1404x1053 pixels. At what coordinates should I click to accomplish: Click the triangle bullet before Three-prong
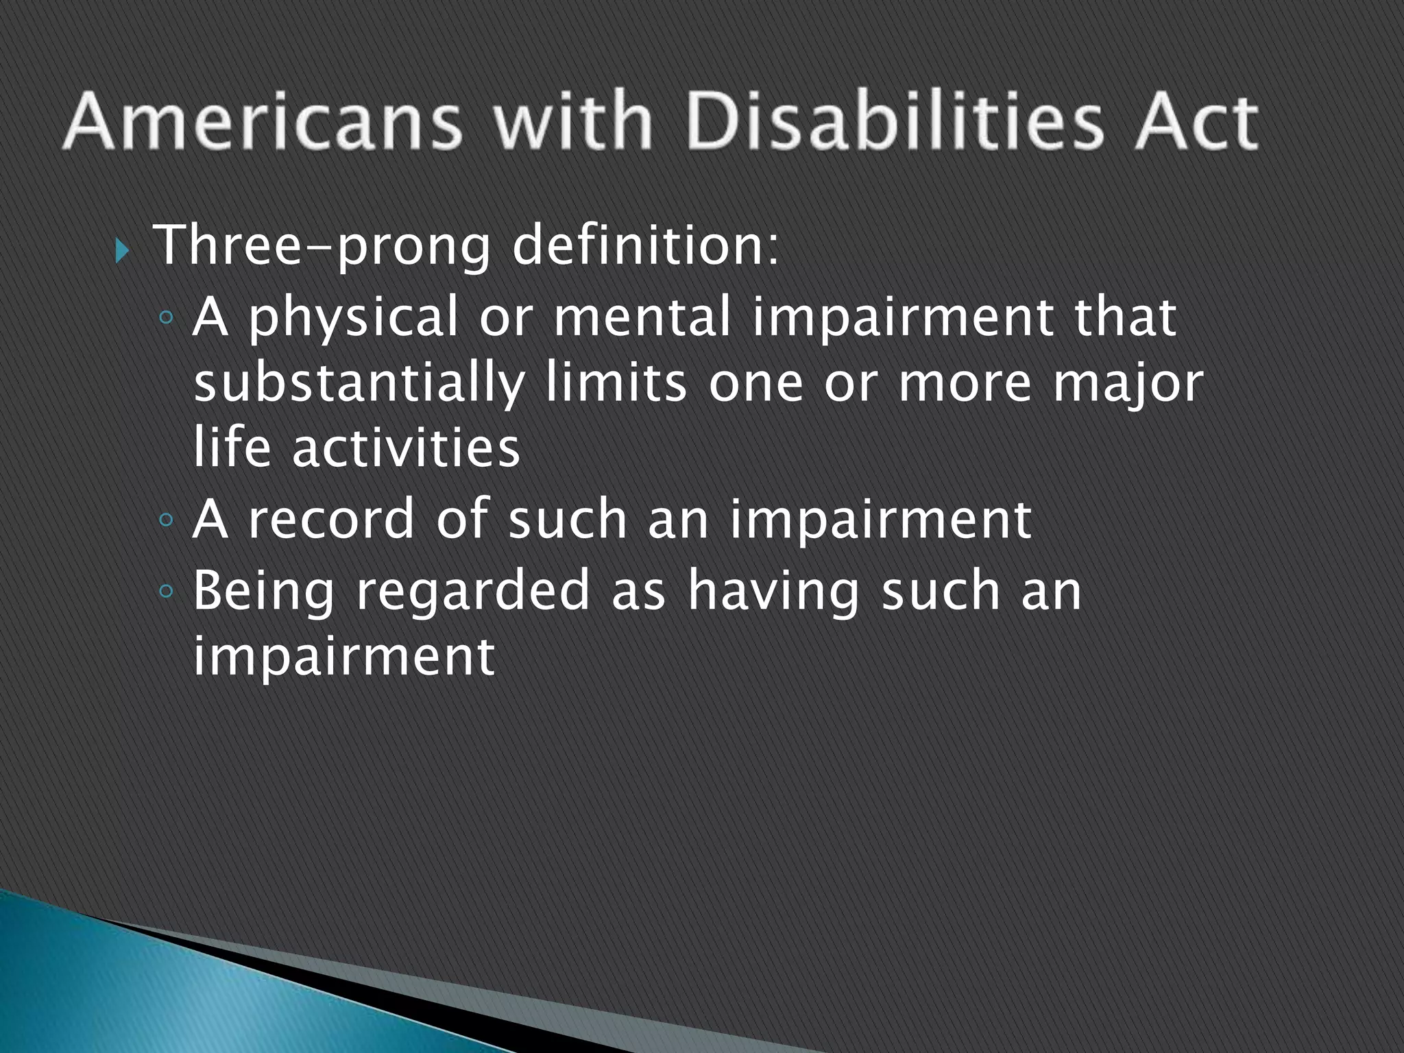[x=122, y=252]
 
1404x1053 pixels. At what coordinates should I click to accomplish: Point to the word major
[x=1128, y=384]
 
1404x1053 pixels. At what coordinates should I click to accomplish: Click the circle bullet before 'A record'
[x=165, y=520]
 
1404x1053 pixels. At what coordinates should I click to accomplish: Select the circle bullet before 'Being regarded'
[x=165, y=590]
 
